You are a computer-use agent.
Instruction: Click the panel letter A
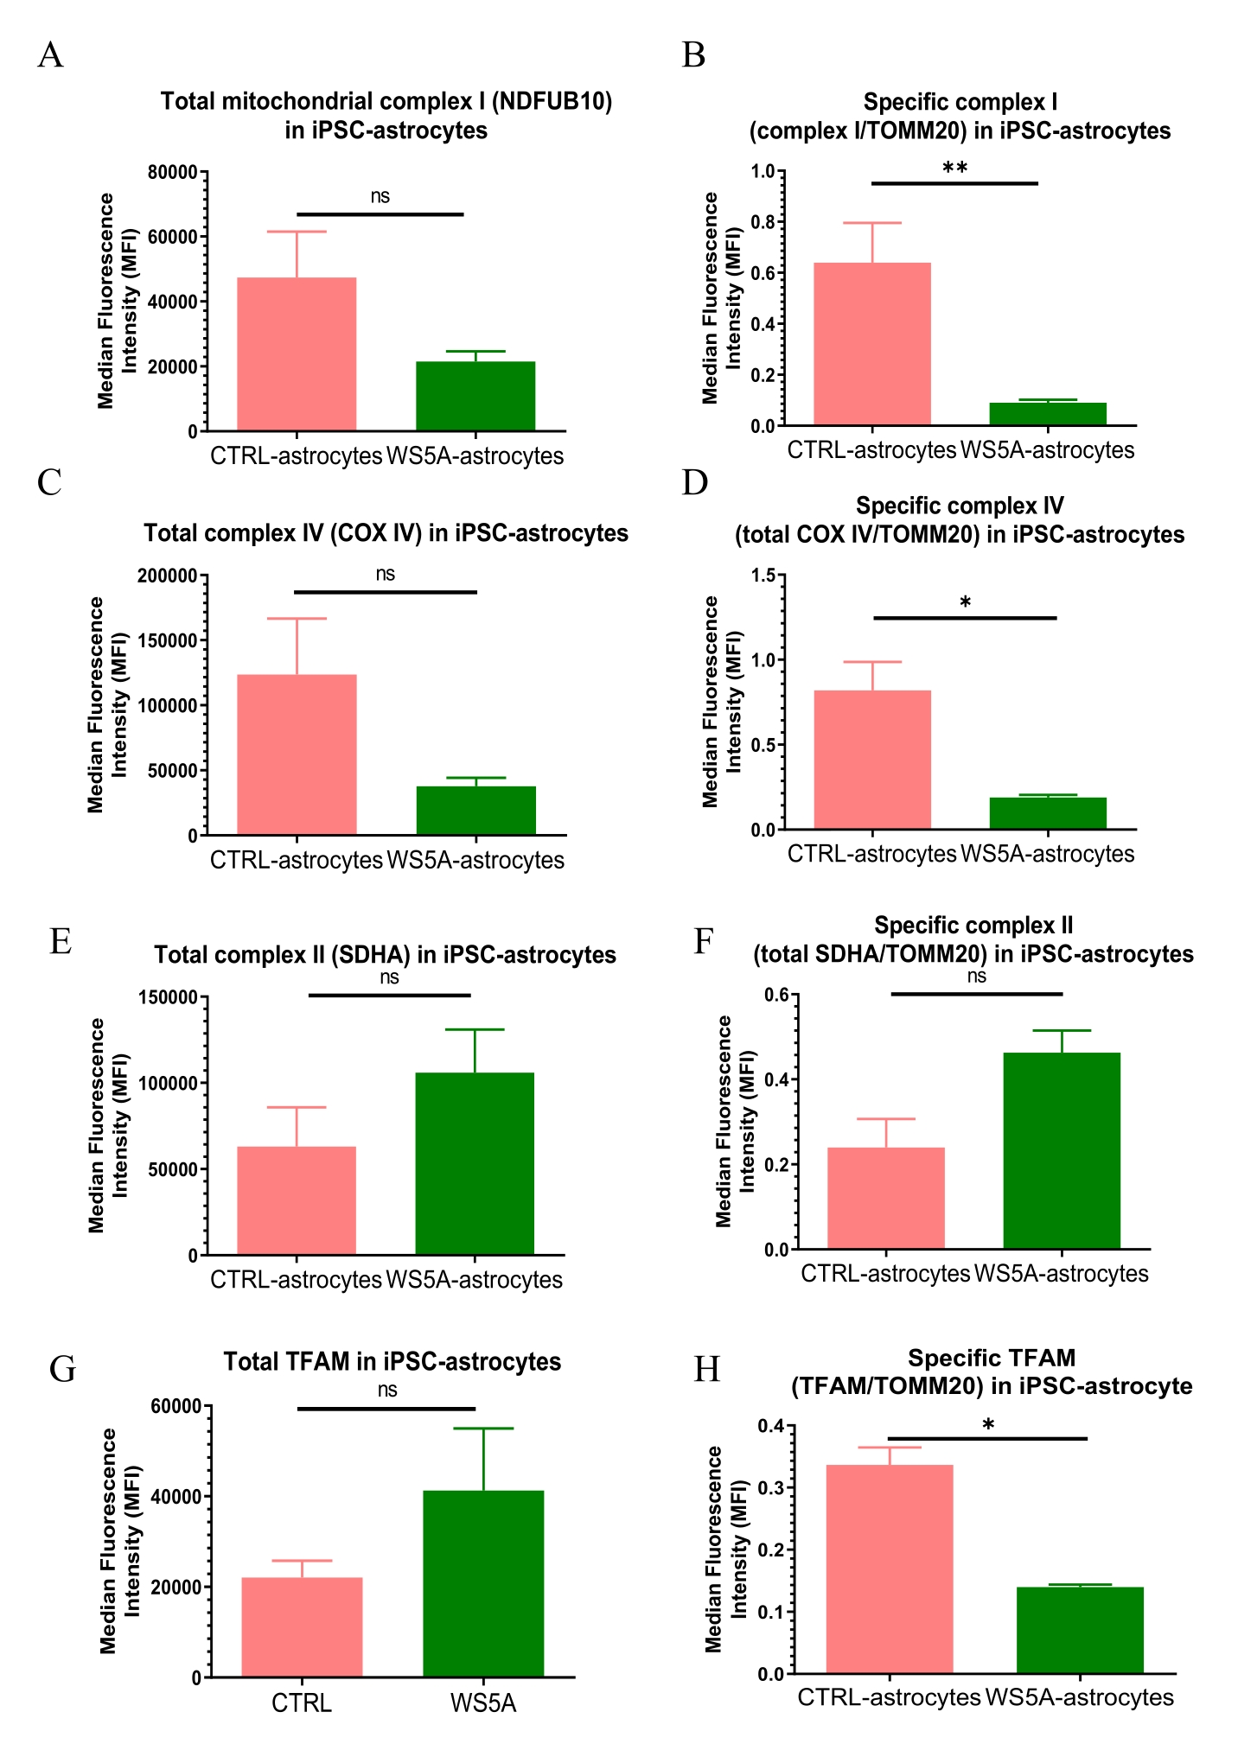tap(50, 55)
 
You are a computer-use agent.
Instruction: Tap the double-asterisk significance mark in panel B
tap(954, 169)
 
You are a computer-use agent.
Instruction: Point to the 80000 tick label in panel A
tap(173, 172)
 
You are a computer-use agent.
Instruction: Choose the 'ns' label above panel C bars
tap(386, 574)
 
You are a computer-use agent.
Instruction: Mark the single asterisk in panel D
tap(966, 602)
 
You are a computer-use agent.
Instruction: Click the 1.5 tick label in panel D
tap(763, 576)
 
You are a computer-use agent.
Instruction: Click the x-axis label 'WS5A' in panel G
tap(483, 1703)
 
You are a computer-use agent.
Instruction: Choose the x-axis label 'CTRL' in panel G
tap(302, 1703)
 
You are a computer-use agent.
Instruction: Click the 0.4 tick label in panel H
tap(771, 1426)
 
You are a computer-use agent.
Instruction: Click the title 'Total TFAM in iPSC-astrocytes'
tap(392, 1362)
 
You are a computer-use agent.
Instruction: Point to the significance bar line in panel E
tap(390, 996)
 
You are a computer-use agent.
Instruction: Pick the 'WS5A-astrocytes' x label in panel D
tap(1048, 854)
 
